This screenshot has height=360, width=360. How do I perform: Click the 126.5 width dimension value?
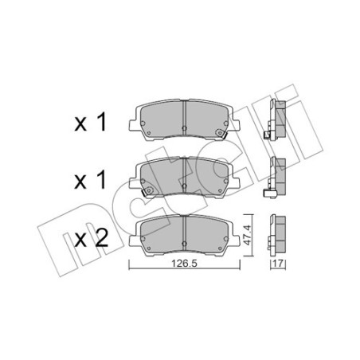(184, 264)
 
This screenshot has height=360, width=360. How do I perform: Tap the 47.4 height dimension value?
(247, 235)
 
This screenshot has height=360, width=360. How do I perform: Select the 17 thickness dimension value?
(278, 264)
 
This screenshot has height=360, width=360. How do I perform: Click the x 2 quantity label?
(92, 238)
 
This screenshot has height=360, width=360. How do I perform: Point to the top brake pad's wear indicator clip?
(221, 133)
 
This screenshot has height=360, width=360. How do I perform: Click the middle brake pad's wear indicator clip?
(147, 191)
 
